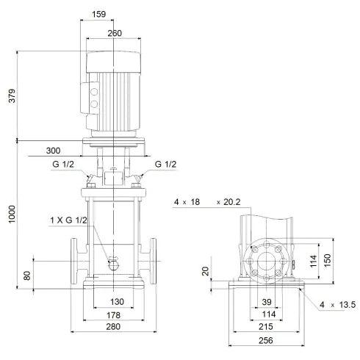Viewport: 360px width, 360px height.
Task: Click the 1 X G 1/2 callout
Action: (69, 221)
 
